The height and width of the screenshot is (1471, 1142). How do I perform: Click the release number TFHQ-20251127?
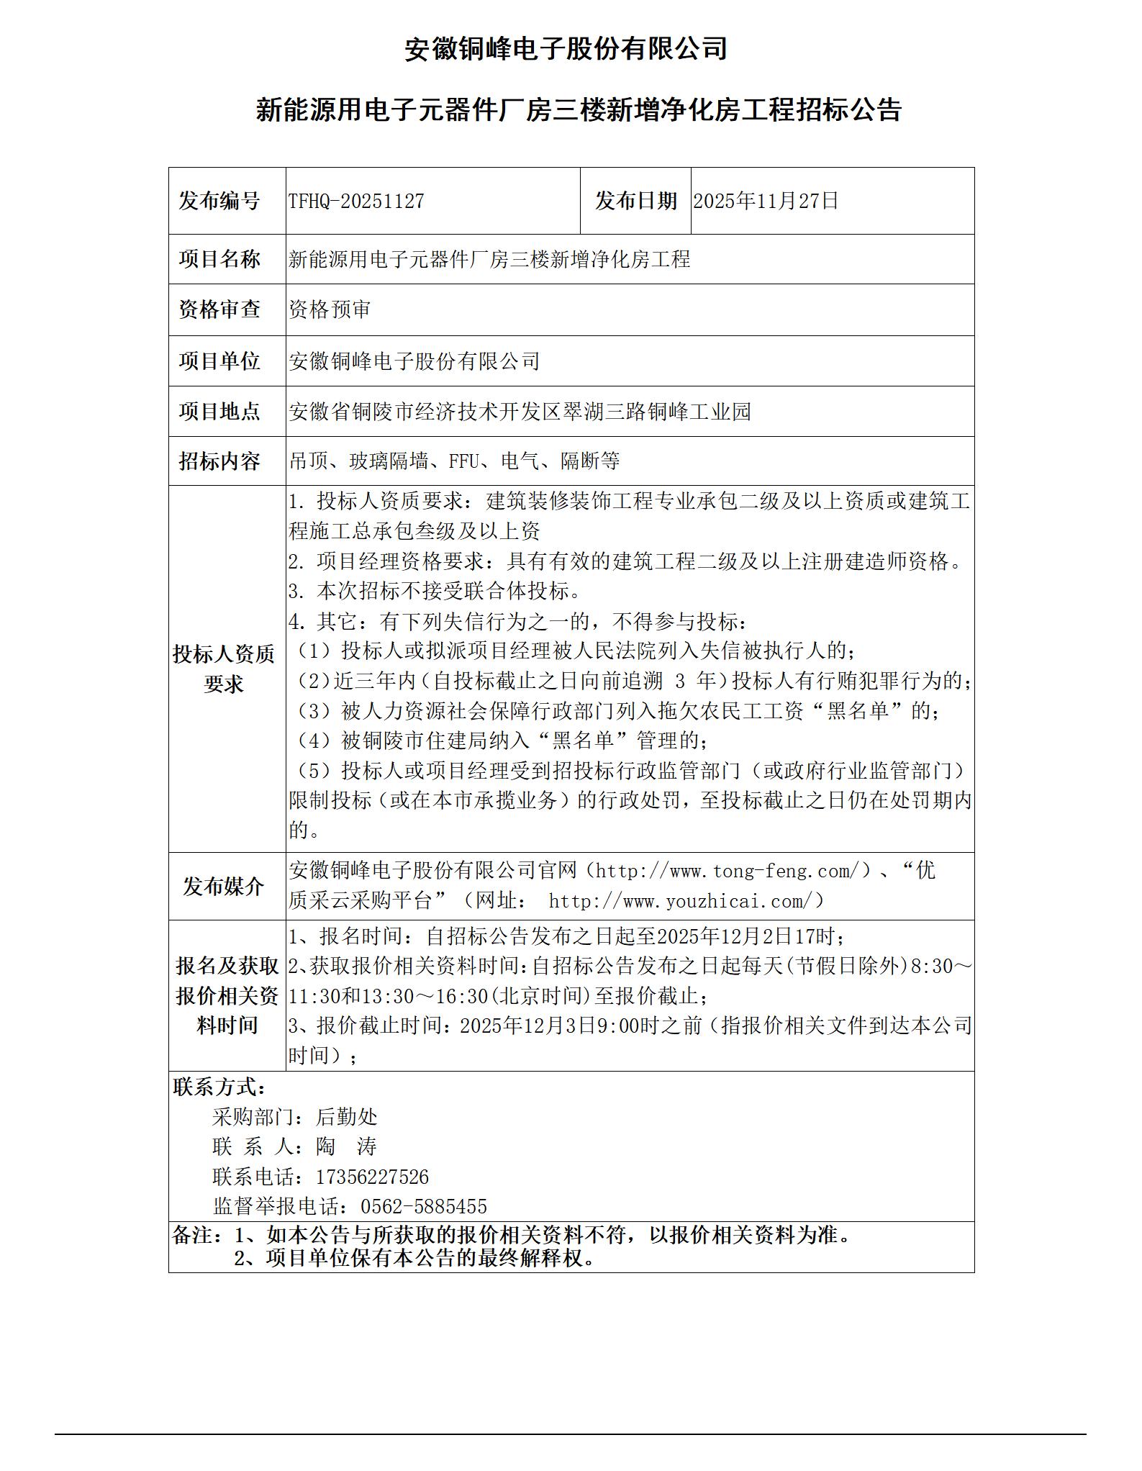click(x=356, y=202)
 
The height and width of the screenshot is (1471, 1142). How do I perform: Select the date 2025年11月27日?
click(x=766, y=202)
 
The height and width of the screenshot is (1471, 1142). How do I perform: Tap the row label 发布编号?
click(x=219, y=202)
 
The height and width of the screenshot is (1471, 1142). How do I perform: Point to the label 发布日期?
click(x=635, y=202)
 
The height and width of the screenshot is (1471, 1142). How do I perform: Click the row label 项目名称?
click(x=219, y=259)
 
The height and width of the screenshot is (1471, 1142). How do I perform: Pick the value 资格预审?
click(x=330, y=310)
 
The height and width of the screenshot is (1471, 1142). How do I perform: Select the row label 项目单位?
click(x=219, y=361)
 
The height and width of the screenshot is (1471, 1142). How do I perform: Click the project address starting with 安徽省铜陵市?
click(x=520, y=412)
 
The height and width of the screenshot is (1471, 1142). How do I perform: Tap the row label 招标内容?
click(x=219, y=461)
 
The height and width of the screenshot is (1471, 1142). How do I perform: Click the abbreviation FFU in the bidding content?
click(x=463, y=461)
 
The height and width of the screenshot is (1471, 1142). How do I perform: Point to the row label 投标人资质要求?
click(x=224, y=669)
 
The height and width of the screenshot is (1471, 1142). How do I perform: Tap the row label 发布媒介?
click(x=224, y=887)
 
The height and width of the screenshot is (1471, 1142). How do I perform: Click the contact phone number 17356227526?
click(x=372, y=1177)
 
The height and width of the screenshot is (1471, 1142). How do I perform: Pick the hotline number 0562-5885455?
click(x=423, y=1207)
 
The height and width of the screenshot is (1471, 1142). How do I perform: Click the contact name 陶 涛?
click(x=346, y=1147)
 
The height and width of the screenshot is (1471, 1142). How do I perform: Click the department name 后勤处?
click(x=346, y=1117)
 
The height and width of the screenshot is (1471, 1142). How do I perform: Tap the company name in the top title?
click(x=566, y=49)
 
